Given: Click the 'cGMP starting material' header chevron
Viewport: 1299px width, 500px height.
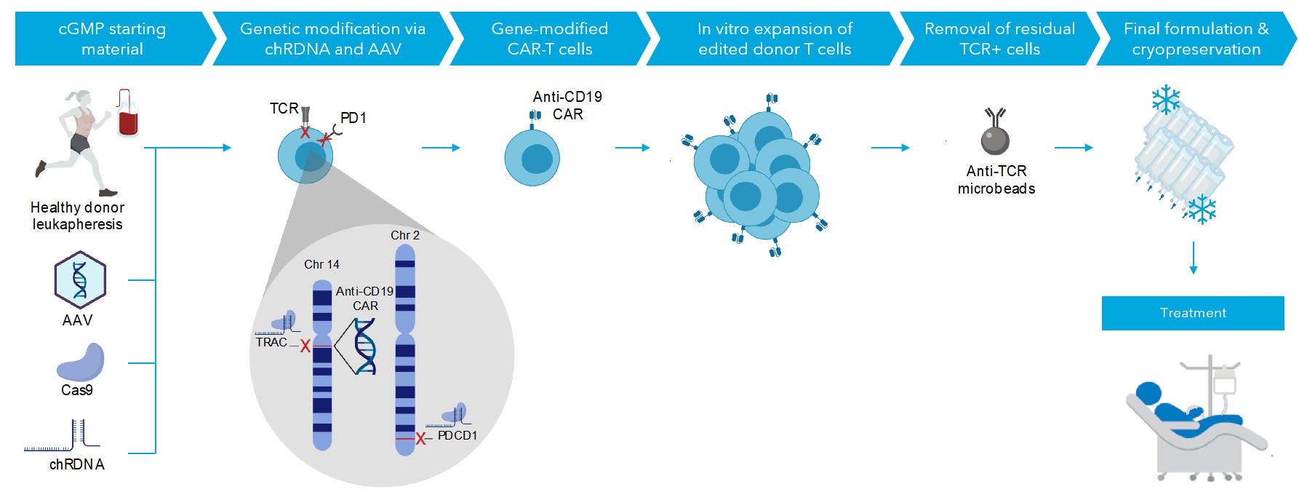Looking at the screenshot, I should (x=113, y=39).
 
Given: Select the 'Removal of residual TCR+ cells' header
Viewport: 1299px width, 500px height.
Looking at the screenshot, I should (x=999, y=39).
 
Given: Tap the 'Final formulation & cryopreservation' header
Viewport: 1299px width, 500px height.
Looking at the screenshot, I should (x=1196, y=39).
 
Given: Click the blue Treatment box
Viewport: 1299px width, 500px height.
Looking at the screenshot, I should (x=1193, y=313).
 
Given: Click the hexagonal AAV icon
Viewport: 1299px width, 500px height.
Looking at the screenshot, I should (x=80, y=280).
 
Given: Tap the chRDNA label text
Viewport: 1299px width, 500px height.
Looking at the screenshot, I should (x=77, y=464).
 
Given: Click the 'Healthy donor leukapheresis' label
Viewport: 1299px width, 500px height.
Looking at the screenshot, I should (x=77, y=216).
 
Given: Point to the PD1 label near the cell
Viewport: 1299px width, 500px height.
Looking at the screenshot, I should (x=353, y=118).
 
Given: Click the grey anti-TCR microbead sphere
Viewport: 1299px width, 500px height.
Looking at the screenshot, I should (x=995, y=140).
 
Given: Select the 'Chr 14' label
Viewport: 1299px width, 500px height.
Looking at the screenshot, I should (x=321, y=264).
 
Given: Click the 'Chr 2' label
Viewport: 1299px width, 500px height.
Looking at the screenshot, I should (x=405, y=235).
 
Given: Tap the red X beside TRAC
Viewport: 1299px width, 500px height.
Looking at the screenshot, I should (x=305, y=346).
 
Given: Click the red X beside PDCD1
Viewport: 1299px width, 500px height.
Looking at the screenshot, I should (x=420, y=439).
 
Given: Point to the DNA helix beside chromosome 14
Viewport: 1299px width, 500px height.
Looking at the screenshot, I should (x=364, y=346).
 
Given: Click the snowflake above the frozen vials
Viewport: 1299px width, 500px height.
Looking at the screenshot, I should (x=1165, y=100).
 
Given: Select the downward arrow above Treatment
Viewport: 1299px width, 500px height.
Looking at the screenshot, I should (x=1193, y=258).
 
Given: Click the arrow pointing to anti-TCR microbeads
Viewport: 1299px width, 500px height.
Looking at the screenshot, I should (x=890, y=148).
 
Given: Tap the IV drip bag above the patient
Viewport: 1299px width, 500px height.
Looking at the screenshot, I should (x=1225, y=379).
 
